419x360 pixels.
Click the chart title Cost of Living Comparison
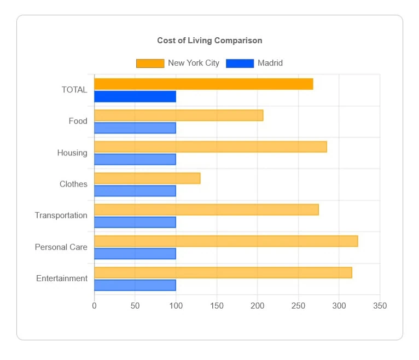click(209, 40)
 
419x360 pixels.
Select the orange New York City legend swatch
click(150, 63)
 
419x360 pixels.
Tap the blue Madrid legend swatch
click(240, 63)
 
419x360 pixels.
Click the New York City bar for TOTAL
click(203, 84)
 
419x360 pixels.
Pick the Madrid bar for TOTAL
click(135, 97)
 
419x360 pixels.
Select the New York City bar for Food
click(178, 115)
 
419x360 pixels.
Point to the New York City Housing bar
click(210, 147)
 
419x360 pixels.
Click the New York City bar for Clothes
click(147, 178)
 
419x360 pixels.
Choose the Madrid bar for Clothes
click(135, 191)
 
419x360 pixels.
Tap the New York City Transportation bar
click(206, 210)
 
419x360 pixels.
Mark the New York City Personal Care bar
click(226, 241)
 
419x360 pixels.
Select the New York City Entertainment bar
click(223, 272)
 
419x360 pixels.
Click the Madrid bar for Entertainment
click(135, 285)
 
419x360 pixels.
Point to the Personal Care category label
click(61, 247)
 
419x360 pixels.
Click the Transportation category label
click(61, 216)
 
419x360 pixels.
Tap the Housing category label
click(72, 153)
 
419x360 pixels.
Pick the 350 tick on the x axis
click(380, 306)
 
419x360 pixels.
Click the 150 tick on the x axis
click(217, 306)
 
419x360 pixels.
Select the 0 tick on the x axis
click(94, 306)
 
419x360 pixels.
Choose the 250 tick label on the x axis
click(298, 306)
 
